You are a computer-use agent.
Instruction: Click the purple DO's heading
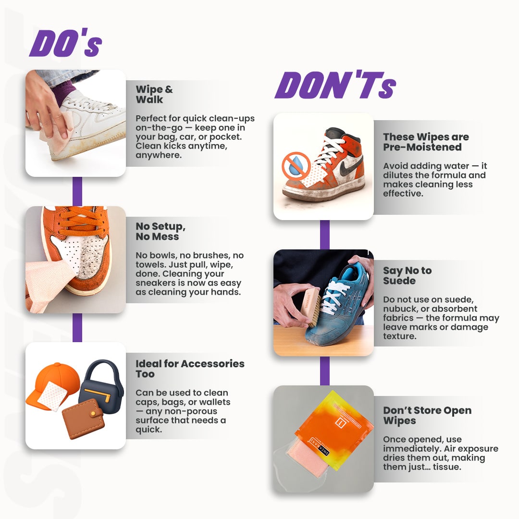pyautogui.click(x=65, y=44)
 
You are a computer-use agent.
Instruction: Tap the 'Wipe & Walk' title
pyautogui.click(x=154, y=95)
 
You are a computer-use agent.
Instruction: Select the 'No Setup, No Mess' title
pyautogui.click(x=161, y=231)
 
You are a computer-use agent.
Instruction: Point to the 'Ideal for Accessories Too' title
pyautogui.click(x=189, y=369)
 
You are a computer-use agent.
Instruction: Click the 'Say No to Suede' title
pyautogui.click(x=407, y=275)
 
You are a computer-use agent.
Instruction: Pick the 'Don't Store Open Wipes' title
pyautogui.click(x=427, y=416)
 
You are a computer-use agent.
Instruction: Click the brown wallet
pyautogui.click(x=83, y=418)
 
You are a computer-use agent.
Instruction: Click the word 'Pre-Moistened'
pyautogui.click(x=422, y=147)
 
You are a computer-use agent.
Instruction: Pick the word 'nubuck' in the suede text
pyautogui.click(x=399, y=309)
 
